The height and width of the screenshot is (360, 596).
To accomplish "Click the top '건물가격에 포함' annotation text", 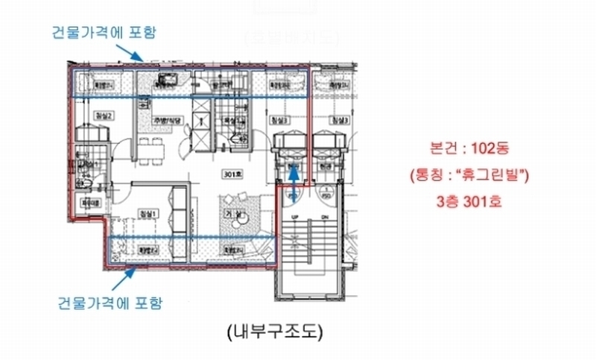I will (x=104, y=32).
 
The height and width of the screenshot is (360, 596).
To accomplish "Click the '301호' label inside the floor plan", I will (x=233, y=174).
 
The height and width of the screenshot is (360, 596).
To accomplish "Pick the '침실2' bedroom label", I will (x=104, y=116).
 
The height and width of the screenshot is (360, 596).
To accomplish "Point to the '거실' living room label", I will (x=235, y=215).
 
